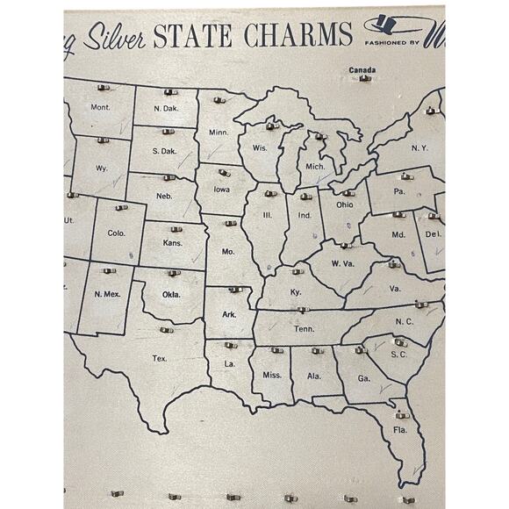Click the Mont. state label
(101, 107)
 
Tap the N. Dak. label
(167, 108)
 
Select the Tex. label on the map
(160, 358)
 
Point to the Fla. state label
(400, 430)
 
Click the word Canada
(362, 69)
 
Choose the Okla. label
(171, 294)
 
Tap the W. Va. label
(343, 263)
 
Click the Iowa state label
(220, 188)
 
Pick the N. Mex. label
(107, 293)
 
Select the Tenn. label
(304, 329)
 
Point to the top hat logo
(392, 26)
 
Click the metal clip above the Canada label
(364, 79)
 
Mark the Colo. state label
(116, 233)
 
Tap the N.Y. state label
(419, 147)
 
